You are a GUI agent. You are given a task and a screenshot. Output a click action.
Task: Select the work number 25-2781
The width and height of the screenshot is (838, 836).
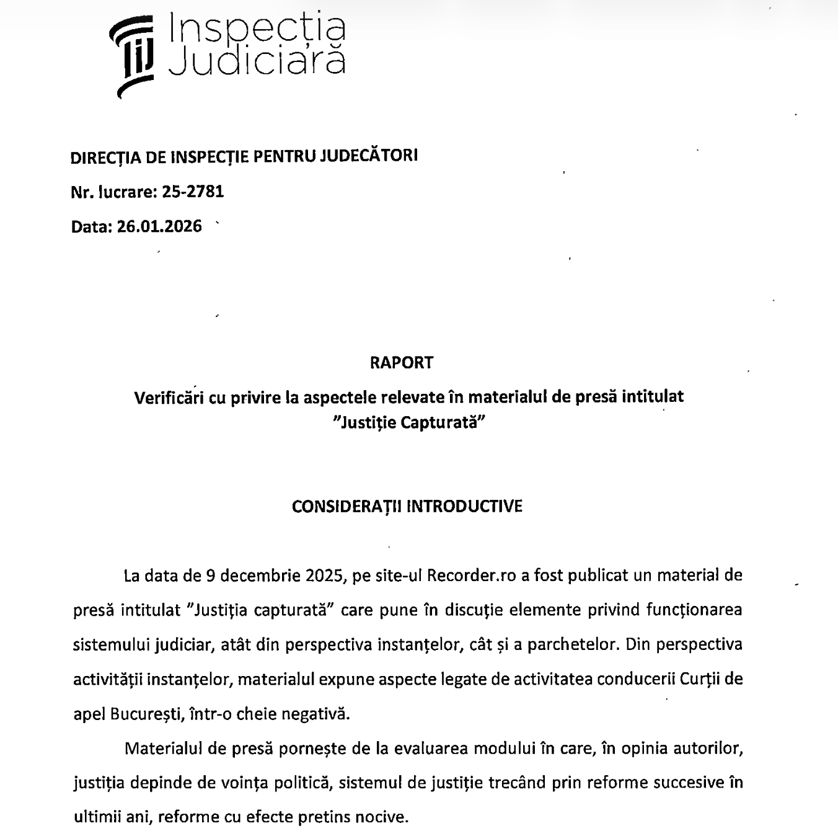click(193, 192)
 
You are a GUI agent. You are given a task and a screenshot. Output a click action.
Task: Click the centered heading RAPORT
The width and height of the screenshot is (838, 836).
click(402, 363)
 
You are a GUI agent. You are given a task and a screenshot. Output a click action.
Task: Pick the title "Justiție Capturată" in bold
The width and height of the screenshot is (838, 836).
click(408, 423)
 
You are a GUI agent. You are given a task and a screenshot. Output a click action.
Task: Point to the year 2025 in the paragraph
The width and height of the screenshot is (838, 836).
click(325, 576)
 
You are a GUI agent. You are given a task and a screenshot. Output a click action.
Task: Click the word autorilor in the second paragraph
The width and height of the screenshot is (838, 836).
click(708, 749)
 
